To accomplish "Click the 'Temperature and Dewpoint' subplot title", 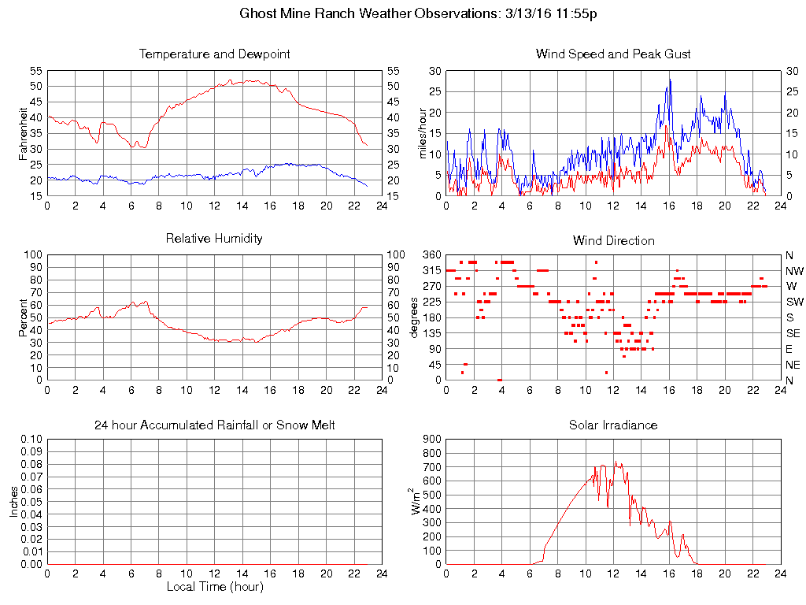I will coord(214,54).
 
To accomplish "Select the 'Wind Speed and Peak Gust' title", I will coord(613,54).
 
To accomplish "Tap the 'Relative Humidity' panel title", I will coord(214,238).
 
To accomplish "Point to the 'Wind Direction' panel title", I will coord(613,240).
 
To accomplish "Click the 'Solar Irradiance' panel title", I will coord(613,425).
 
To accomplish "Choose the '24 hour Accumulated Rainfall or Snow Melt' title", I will coord(214,425).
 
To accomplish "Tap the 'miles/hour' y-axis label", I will coord(423,133).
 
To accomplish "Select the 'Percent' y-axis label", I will coord(24,317).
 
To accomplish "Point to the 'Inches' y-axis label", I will coord(14,501).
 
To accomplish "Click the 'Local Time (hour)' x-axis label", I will coord(214,587).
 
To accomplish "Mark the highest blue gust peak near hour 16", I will coord(670,80).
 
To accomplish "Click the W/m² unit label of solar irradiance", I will coord(416,501).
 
